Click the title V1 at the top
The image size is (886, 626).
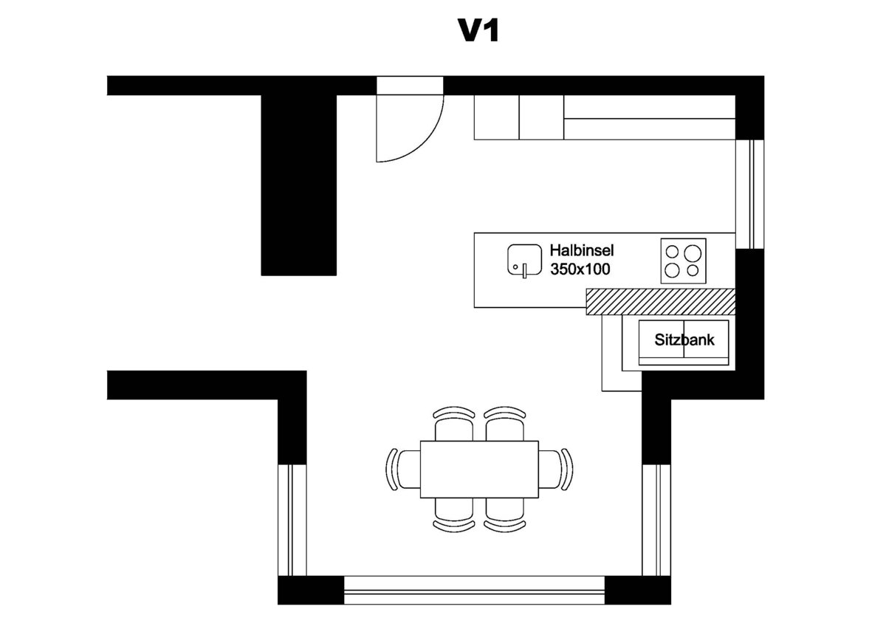coord(479,31)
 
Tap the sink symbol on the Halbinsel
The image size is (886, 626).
coord(523,261)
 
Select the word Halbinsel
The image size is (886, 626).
coord(582,251)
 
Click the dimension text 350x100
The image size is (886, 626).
coord(580,269)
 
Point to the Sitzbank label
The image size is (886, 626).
coord(684,340)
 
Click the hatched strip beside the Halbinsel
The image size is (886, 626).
coord(661,302)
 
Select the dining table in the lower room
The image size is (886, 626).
coord(479,469)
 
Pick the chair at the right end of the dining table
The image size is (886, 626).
coord(555,469)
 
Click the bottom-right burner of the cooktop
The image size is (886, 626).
coord(693,270)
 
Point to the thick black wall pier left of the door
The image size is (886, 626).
coord(299,185)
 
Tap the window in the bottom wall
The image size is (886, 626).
coord(474,589)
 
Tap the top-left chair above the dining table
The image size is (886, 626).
coord(453,424)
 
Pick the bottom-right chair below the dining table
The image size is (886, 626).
coord(506,511)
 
